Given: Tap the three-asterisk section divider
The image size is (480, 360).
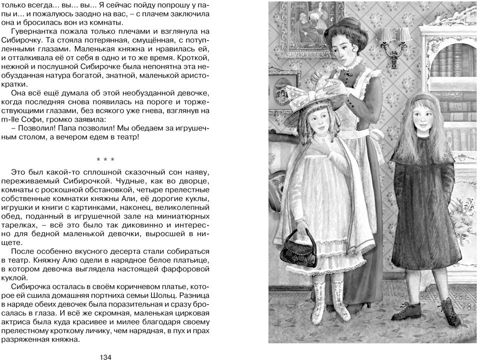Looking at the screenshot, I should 105,160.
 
